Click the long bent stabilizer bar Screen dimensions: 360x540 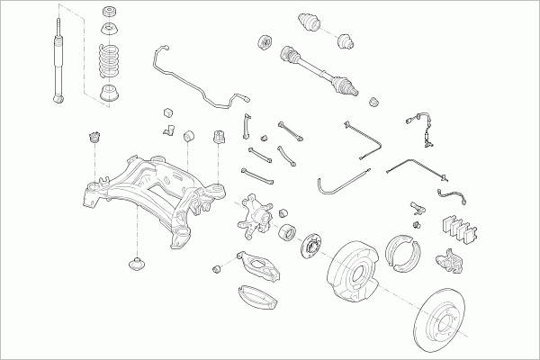pyautogui.click(x=193, y=82)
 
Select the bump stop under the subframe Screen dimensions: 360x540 pyautogui.click(x=138, y=265)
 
